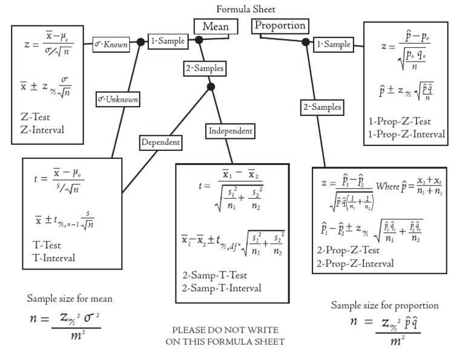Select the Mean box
click(215, 27)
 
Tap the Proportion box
click(280, 26)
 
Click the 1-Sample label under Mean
click(167, 41)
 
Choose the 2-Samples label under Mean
click(204, 68)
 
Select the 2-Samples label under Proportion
click(322, 107)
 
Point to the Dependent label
click(160, 142)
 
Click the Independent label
click(230, 130)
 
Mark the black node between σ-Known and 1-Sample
click(140, 42)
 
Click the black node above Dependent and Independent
click(211, 87)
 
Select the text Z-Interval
click(42, 129)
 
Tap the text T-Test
click(48, 246)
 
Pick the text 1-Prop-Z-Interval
click(406, 133)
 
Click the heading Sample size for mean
click(70, 299)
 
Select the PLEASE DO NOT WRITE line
click(225, 330)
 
